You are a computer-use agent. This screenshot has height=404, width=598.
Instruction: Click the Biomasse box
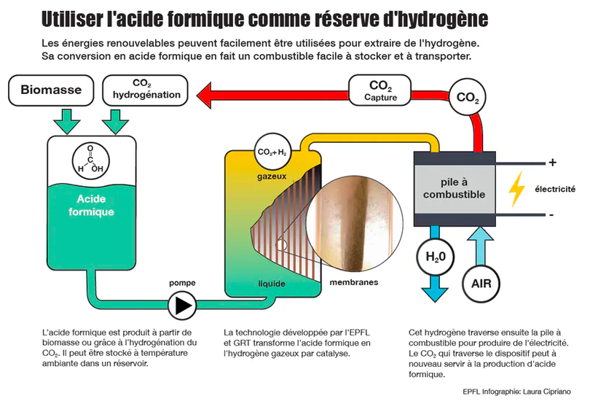pos(51,90)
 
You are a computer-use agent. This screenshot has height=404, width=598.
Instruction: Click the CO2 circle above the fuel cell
pos(467,97)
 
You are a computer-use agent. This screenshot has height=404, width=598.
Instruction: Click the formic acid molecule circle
pos(91,160)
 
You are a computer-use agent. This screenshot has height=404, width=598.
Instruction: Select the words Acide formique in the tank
pos(91,205)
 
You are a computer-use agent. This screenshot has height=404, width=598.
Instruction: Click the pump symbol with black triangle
pos(182,303)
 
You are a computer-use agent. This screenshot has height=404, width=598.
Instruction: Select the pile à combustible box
pos(454,189)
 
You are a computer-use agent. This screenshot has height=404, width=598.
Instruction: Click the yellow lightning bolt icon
pos(516,189)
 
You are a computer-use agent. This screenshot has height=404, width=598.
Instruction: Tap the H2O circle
pos(436,256)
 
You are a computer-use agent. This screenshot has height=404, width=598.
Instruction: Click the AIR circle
pos(481,284)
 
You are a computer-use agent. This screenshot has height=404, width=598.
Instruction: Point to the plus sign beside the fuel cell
pos(552,162)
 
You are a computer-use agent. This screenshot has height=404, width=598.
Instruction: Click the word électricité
pos(556,189)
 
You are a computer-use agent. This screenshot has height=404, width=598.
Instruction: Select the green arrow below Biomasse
pos(70,118)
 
